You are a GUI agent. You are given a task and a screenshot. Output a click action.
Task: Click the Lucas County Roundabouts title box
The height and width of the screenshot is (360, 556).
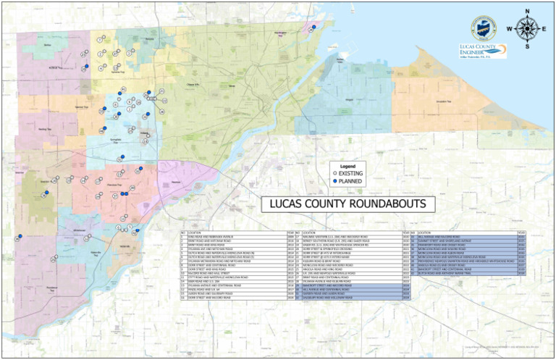point(343,204)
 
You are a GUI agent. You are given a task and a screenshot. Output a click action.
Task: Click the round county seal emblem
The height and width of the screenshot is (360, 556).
point(483,26)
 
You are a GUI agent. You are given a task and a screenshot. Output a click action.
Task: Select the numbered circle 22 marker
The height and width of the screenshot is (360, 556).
point(163,91)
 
